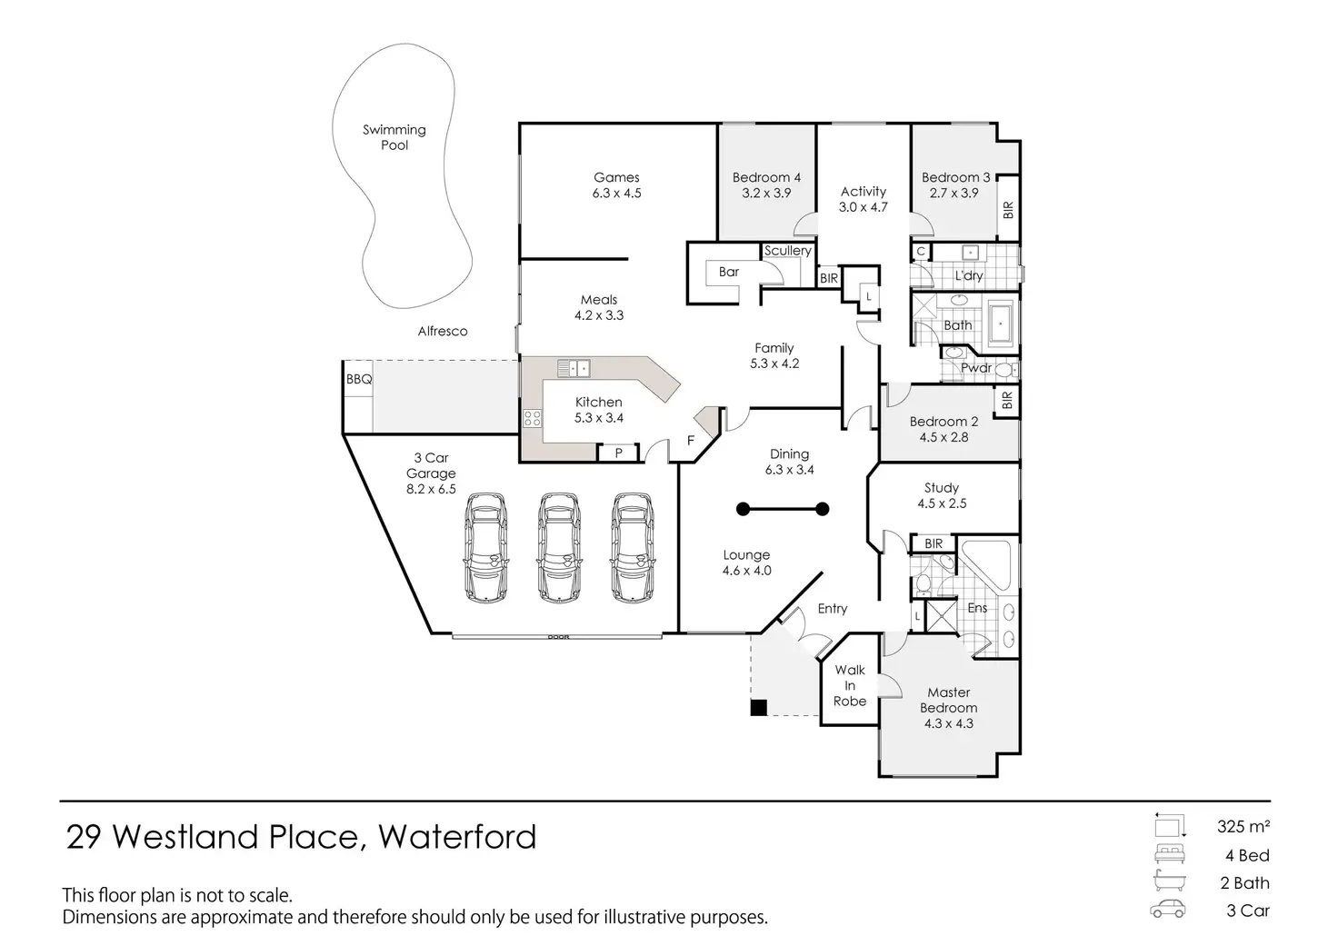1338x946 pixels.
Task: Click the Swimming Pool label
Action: pos(394,137)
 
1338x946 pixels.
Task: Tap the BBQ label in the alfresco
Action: pos(359,380)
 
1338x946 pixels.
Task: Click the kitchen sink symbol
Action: pos(574,368)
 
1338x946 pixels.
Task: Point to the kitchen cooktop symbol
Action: pos(532,419)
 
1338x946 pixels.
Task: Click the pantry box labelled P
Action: pos(618,452)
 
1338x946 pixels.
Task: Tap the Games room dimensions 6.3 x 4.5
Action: pos(617,194)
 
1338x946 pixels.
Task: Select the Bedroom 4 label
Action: pos(766,177)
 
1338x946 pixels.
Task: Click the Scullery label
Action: pos(787,251)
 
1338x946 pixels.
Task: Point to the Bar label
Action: pos(729,272)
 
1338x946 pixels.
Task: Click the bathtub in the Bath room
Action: pos(1001,324)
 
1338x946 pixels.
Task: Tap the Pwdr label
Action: pos(976,368)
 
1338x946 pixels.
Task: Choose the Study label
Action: pos(942,488)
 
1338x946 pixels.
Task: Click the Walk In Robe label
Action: pos(850,685)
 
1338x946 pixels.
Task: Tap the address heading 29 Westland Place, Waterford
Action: pos(301,836)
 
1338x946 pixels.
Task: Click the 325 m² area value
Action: pos(1243,827)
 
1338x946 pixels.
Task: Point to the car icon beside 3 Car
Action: pos(1168,910)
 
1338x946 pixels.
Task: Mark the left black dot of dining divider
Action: pos(744,509)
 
